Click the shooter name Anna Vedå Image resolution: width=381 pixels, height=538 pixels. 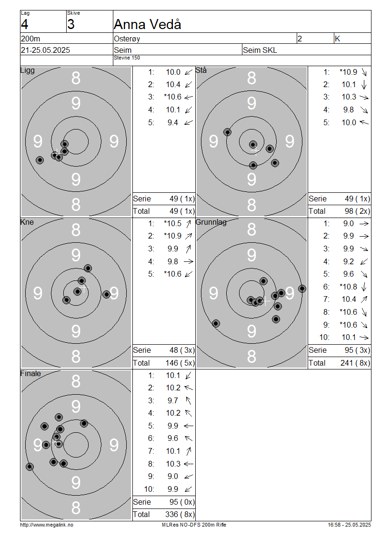tap(147, 24)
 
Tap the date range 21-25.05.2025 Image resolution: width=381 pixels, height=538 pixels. tap(45, 50)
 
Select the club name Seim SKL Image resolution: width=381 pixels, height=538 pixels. tap(260, 50)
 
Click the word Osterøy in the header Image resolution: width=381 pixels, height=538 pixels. tap(127, 39)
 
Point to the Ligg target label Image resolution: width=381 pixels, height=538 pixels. tap(28, 70)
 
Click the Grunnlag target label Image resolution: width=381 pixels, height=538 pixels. tap(211, 222)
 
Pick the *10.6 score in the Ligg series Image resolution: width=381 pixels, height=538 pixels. tap(173, 97)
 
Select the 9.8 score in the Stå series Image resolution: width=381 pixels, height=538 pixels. tap(349, 110)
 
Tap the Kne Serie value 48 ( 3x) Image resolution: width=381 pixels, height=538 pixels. tap(182, 350)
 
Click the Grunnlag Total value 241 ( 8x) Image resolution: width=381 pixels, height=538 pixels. tap(355, 363)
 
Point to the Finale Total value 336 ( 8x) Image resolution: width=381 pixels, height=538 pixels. tap(180, 514)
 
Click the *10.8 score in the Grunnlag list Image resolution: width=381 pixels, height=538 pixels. tap(348, 287)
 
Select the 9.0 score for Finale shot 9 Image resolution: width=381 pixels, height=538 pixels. tap(173, 476)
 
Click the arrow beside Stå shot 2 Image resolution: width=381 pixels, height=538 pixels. tap(364, 84)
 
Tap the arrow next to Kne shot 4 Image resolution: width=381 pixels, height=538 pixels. tap(189, 262)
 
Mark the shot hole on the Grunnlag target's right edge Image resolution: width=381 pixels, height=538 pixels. tap(302, 289)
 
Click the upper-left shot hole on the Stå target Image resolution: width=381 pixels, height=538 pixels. tap(227, 132)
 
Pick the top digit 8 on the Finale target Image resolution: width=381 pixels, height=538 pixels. tap(76, 381)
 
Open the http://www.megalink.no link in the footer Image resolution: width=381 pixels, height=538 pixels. tap(47, 525)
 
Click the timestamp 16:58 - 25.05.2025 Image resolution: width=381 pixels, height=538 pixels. tap(349, 525)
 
